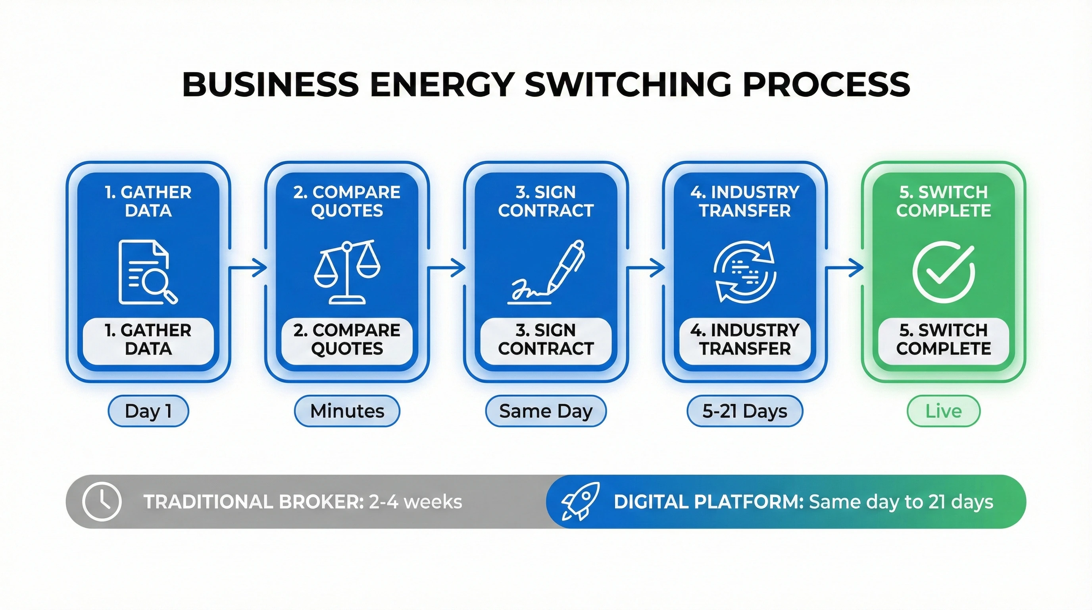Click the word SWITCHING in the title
coord(628,83)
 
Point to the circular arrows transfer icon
coord(745,272)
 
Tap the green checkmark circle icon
coord(944,272)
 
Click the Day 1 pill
coord(148,411)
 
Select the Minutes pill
coord(347,411)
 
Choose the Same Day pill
coord(546,411)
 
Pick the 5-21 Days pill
coord(745,411)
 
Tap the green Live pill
coord(944,411)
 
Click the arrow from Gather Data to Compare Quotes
coord(248,268)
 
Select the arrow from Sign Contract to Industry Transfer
coord(646,268)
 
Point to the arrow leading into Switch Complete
coord(844,268)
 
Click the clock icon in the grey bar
coord(102,502)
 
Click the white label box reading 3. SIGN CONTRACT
coord(546,340)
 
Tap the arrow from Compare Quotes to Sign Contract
coord(447,268)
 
